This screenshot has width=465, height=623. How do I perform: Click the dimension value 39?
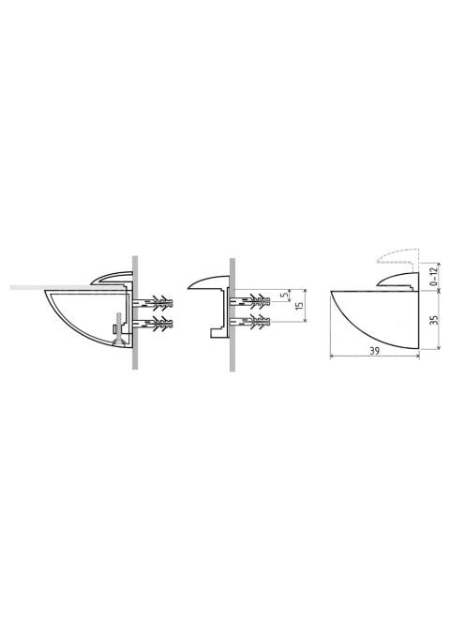click(x=374, y=351)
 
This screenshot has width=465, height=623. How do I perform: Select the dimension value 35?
click(x=434, y=320)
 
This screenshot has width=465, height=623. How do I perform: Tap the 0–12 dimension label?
click(x=434, y=276)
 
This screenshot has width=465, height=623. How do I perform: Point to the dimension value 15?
click(x=300, y=306)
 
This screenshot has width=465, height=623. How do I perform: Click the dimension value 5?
click(x=283, y=296)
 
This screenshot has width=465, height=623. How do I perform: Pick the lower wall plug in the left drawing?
click(x=153, y=325)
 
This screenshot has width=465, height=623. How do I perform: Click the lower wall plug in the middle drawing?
click(x=250, y=322)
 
